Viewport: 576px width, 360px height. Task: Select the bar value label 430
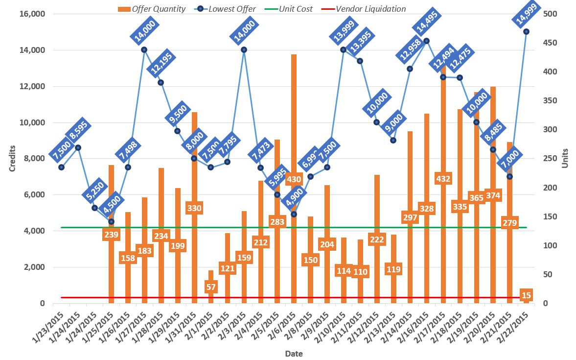point(294,179)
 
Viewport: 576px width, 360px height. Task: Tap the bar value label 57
point(211,287)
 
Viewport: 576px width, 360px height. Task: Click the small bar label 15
point(527,295)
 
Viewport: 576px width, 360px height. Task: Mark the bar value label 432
point(443,179)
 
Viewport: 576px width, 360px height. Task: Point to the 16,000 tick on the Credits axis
point(31,14)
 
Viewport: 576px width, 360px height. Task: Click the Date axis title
point(294,354)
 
